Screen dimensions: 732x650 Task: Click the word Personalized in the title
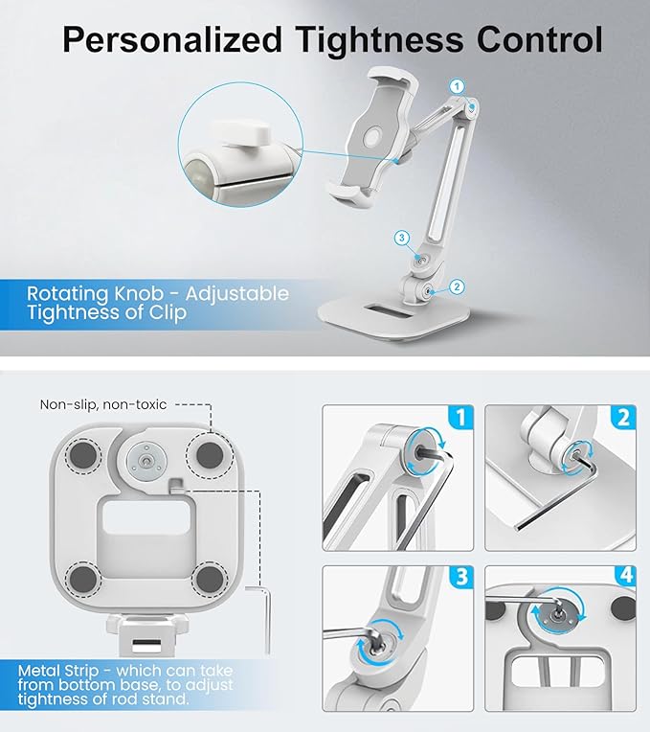(x=171, y=40)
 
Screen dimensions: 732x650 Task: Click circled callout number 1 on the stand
(x=457, y=86)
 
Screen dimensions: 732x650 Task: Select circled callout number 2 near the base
(x=457, y=286)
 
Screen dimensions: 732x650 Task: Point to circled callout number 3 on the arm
(x=403, y=237)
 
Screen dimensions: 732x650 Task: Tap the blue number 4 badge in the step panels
(x=623, y=578)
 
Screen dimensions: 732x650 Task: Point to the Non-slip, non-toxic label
(x=103, y=404)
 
